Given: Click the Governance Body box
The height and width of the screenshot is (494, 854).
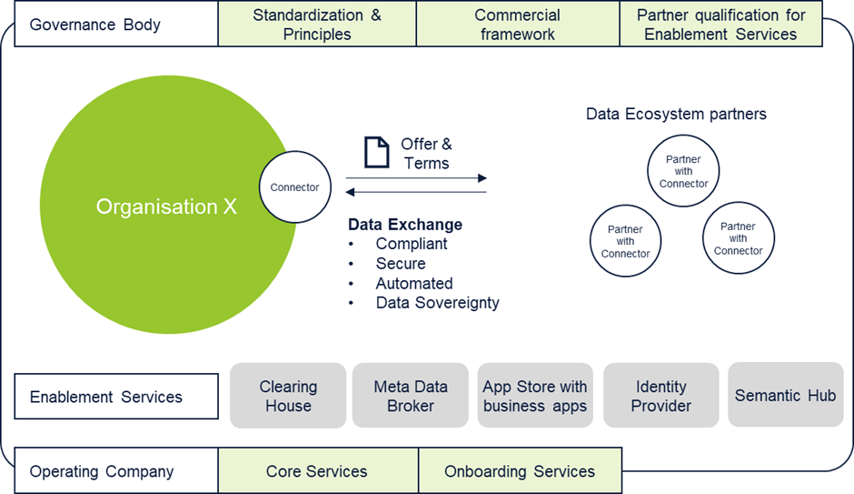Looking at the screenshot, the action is pyautogui.click(x=116, y=24).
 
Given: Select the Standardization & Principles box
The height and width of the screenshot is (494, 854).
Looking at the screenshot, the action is pyautogui.click(x=317, y=24).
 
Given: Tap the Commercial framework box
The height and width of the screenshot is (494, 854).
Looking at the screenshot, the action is pyautogui.click(x=518, y=24).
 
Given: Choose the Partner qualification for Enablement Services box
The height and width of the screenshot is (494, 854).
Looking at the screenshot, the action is pyautogui.click(x=720, y=24).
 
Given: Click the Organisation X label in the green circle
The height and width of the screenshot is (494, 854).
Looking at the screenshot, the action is pyautogui.click(x=166, y=207).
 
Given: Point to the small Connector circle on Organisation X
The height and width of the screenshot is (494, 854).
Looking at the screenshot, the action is pyautogui.click(x=294, y=187).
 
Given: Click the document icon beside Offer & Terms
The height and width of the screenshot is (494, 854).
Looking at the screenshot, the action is pyautogui.click(x=376, y=152).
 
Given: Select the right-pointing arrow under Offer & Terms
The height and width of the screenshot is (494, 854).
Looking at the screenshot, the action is pyautogui.click(x=416, y=177).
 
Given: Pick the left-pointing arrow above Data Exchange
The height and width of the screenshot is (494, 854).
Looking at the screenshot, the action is pyautogui.click(x=416, y=192).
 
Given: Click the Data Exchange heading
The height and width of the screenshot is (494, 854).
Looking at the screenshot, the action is pyautogui.click(x=405, y=225).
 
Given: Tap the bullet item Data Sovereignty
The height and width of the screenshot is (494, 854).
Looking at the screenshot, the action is pyautogui.click(x=437, y=303).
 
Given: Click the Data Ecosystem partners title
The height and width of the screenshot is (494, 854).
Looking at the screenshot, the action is pyautogui.click(x=676, y=114).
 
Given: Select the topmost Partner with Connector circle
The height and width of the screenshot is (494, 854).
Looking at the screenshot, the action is pyautogui.click(x=683, y=171).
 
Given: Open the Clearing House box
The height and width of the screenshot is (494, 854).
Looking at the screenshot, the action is pyautogui.click(x=288, y=396).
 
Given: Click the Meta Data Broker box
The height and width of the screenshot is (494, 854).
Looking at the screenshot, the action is pyautogui.click(x=411, y=396).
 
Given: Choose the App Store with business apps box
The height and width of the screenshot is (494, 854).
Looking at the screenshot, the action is pyautogui.click(x=535, y=396).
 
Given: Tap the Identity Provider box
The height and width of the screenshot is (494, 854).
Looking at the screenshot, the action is pyautogui.click(x=661, y=396).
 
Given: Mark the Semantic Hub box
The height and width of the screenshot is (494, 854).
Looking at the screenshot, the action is pyautogui.click(x=785, y=395).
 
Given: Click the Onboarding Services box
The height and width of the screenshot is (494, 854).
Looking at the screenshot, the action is pyautogui.click(x=521, y=471).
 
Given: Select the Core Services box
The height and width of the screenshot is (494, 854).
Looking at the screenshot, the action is pyautogui.click(x=318, y=471).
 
